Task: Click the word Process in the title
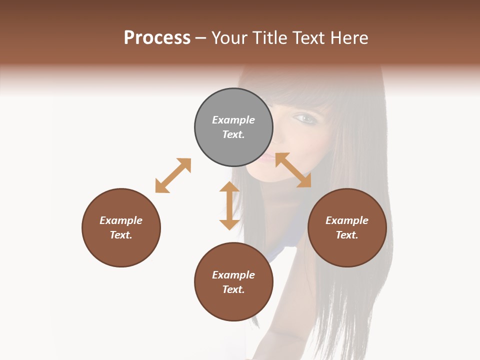pyautogui.click(x=157, y=38)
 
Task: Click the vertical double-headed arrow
pyautogui.click(x=229, y=205)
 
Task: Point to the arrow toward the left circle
pyautogui.click(x=173, y=175)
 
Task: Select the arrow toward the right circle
pyautogui.click(x=293, y=170)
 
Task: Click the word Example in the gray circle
pyautogui.click(x=233, y=120)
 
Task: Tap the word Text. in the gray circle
pyautogui.click(x=233, y=134)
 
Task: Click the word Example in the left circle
pyautogui.click(x=121, y=220)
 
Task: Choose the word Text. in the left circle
pyautogui.click(x=121, y=235)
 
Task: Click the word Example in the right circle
pyautogui.click(x=347, y=220)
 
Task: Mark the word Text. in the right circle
pyautogui.click(x=347, y=235)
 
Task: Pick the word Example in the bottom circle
pyautogui.click(x=233, y=275)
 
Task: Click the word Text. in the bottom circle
pyautogui.click(x=233, y=289)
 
